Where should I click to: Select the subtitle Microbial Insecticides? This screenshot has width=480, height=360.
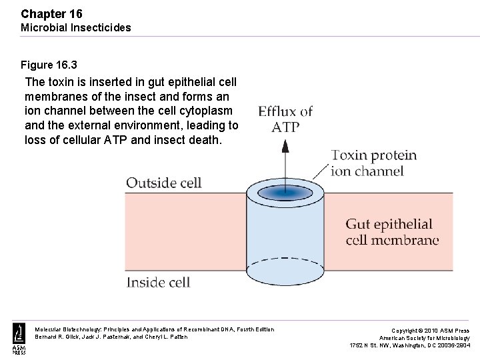(76, 27)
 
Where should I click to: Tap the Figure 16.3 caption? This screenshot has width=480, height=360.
(49, 65)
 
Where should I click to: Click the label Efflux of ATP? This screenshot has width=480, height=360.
(285, 119)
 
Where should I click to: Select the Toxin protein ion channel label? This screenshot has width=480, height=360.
(373, 163)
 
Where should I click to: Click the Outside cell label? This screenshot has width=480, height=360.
(163, 183)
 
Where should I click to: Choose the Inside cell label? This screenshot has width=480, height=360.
(159, 282)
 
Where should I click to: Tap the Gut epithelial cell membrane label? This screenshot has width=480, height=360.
(392, 232)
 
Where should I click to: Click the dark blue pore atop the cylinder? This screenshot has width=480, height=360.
(285, 193)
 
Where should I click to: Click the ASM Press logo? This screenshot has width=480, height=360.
(19, 338)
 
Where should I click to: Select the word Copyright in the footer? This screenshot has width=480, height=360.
(405, 331)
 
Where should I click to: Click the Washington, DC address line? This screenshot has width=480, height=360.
(409, 345)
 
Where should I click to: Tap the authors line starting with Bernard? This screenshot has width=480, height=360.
(111, 337)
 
